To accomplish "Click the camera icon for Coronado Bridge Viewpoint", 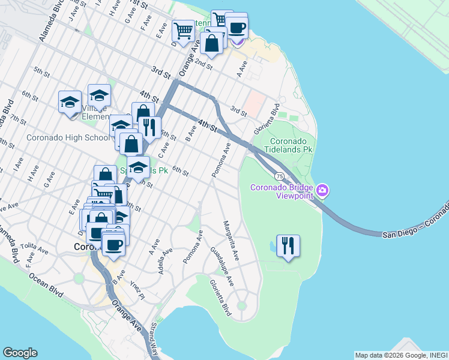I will [323, 191].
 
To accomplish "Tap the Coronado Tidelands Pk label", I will [285, 145].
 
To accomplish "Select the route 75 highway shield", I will [280, 176].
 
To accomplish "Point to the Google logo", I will [20, 353].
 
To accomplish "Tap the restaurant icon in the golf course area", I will [288, 245].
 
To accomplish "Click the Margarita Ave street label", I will [231, 241].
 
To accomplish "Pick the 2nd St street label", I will [204, 62].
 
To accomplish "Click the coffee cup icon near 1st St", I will [237, 26].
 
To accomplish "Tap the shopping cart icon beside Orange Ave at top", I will [183, 30].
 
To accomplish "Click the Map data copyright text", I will [401, 355].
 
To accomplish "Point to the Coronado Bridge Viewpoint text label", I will [282, 191].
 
